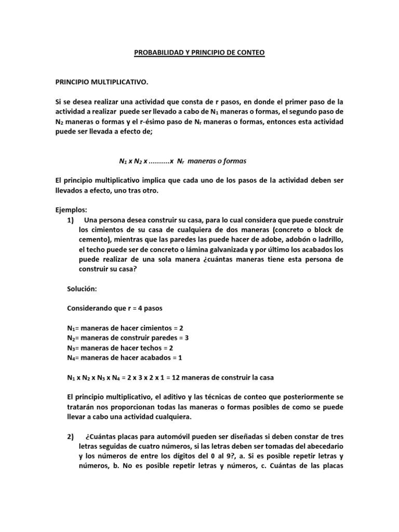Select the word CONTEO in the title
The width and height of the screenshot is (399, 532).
tap(250, 52)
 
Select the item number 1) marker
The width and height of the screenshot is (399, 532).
tap(72, 220)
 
